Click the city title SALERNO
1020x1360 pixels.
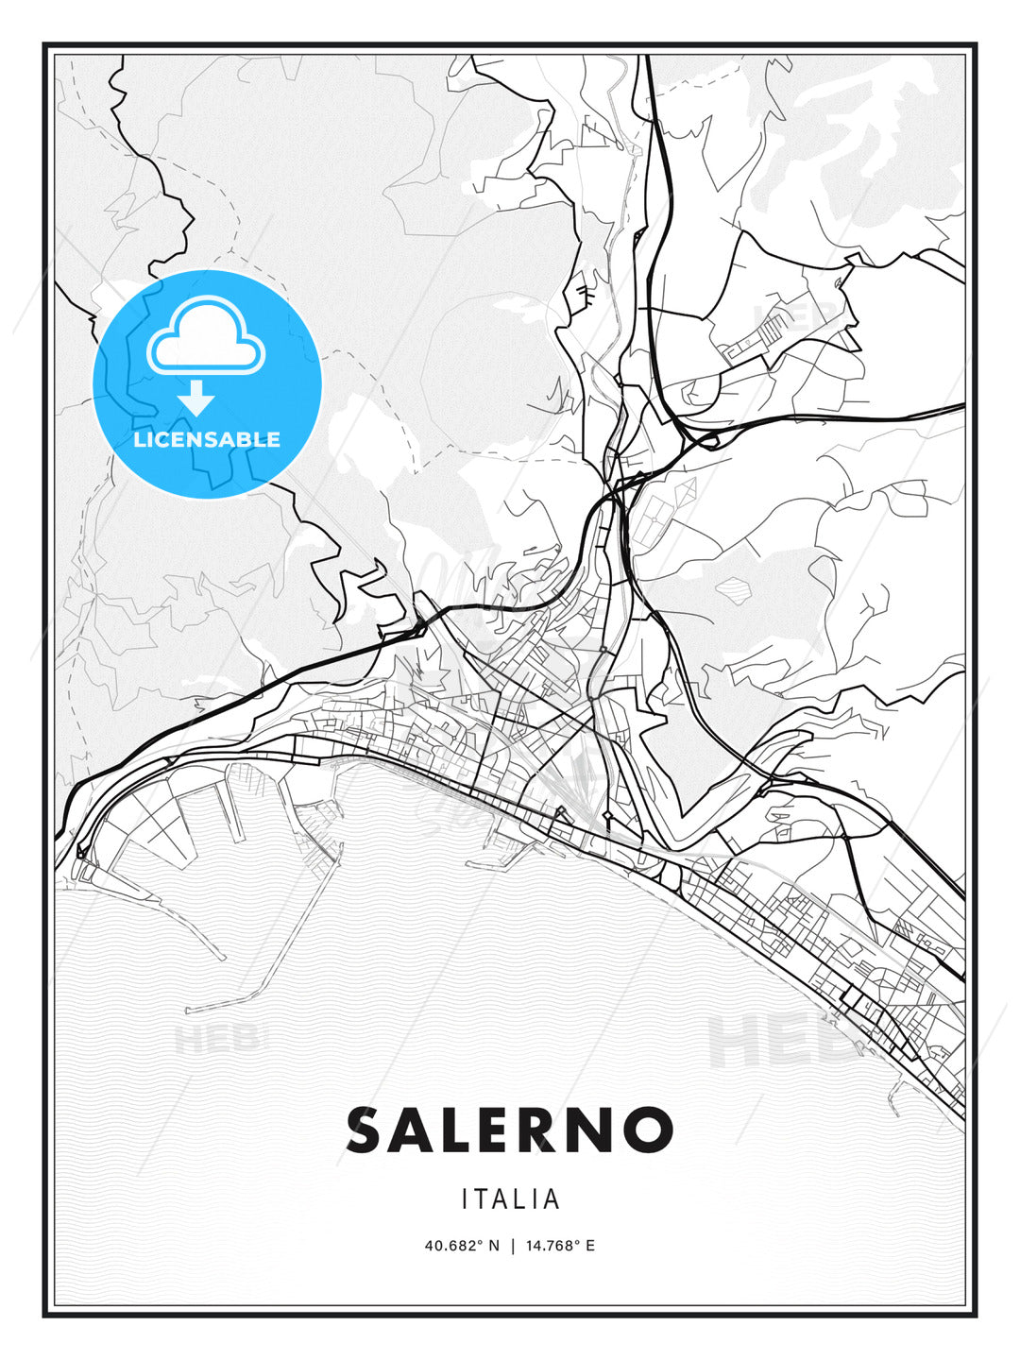click(510, 1130)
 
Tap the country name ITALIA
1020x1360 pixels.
click(511, 1199)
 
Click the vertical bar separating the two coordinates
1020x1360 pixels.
click(512, 1246)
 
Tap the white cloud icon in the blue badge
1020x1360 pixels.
click(206, 335)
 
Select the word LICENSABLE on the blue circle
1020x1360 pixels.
click(207, 439)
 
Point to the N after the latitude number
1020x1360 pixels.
click(492, 1246)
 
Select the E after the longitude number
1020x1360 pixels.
click(590, 1246)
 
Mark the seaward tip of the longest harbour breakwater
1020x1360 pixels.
click(189, 1010)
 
